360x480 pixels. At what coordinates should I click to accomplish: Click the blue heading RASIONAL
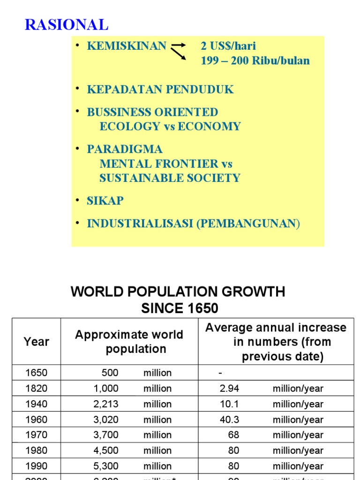[66, 24]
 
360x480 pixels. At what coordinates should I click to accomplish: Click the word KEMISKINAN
[127, 46]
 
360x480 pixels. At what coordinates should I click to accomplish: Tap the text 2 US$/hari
[228, 46]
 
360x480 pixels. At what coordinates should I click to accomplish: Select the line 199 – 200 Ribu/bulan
[255, 60]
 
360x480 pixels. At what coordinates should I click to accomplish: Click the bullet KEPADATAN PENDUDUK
[160, 90]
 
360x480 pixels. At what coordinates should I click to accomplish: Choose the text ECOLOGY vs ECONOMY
[170, 127]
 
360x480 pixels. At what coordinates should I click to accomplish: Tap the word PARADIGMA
[125, 150]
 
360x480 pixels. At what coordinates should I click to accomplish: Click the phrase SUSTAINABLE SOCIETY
[170, 178]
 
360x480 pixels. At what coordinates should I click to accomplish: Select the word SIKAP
[105, 201]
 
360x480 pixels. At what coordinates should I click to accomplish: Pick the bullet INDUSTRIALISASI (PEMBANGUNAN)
[193, 224]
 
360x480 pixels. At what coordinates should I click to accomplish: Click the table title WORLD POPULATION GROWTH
[178, 292]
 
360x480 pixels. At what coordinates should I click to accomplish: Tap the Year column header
[36, 342]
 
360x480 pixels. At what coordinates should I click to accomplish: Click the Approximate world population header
[129, 342]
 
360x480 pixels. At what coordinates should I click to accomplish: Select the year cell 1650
[36, 373]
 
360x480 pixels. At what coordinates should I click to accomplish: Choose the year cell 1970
[36, 435]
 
